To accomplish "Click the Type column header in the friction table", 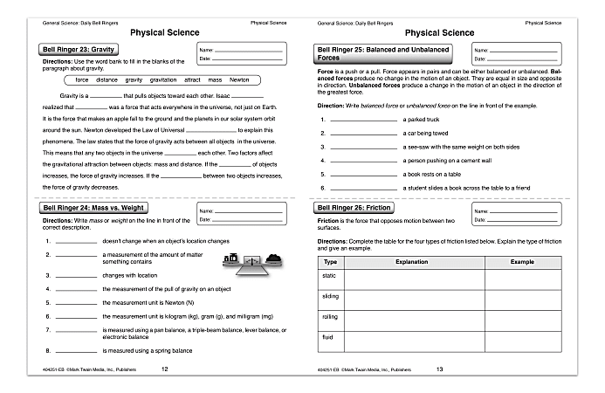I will (x=330, y=261).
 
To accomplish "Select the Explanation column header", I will (x=411, y=261).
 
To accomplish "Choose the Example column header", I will (x=522, y=261).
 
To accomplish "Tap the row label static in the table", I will (x=331, y=275).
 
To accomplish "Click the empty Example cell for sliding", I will (x=522, y=298).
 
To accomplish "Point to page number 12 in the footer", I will (x=165, y=369).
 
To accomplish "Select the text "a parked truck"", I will (x=428, y=119).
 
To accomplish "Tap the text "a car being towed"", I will (x=432, y=133).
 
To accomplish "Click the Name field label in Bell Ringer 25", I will (x=479, y=51).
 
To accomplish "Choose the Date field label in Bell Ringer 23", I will (x=205, y=59).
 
